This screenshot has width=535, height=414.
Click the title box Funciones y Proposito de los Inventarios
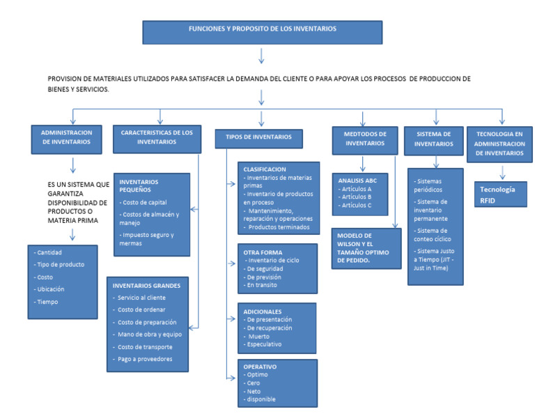click(x=263, y=31)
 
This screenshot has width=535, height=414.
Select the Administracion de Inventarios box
click(x=66, y=137)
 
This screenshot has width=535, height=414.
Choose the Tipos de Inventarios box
click(x=258, y=137)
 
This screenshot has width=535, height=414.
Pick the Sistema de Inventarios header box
click(x=434, y=139)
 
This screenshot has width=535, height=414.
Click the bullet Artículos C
click(x=355, y=205)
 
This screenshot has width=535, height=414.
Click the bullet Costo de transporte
click(x=145, y=346)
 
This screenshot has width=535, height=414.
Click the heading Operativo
click(x=260, y=366)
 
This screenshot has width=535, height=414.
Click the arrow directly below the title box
click(x=262, y=56)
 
